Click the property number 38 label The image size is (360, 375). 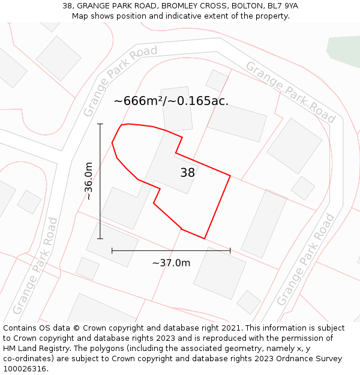(x=187, y=173)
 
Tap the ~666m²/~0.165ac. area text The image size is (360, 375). (x=171, y=101)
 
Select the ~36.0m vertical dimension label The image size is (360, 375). (x=89, y=181)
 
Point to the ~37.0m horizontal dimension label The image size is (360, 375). (x=171, y=263)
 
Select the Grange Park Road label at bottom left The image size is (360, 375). (x=35, y=265)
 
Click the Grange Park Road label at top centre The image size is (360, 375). (x=119, y=80)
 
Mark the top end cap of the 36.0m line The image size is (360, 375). (x=100, y=124)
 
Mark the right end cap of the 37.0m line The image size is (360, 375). (x=230, y=250)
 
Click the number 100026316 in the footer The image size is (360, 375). (x=24, y=368)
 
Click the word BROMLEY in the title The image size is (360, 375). (x=166, y=6)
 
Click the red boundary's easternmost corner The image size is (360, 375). (x=230, y=176)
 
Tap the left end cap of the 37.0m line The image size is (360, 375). (x=112, y=250)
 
